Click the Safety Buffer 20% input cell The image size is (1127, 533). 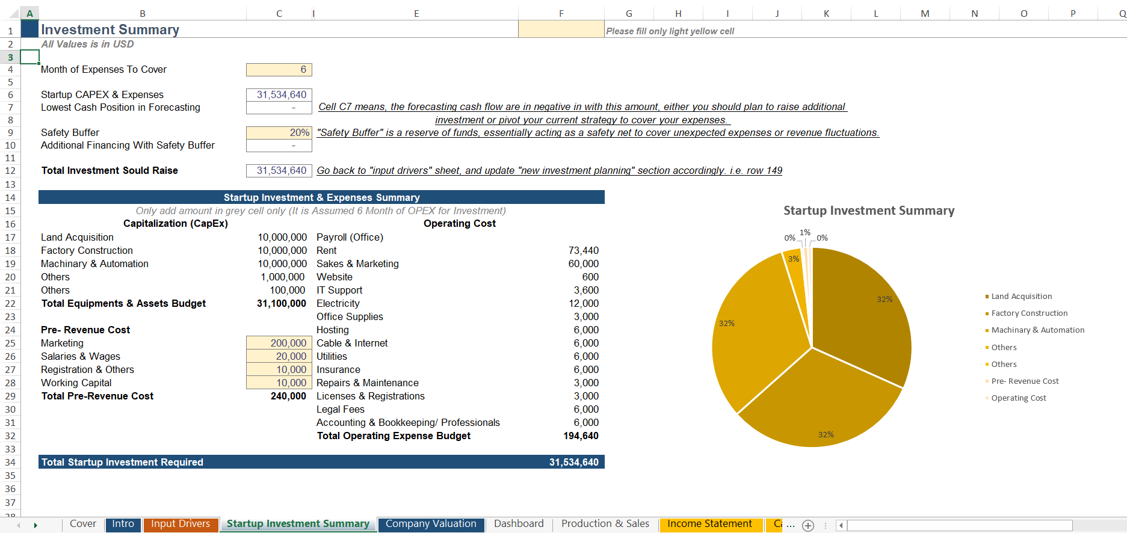[279, 132]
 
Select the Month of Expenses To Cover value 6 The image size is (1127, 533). [279, 70]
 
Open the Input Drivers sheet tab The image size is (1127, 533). [181, 524]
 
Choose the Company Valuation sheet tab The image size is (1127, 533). [431, 524]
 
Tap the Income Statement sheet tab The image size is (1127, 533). [709, 524]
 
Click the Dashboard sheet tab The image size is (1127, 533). [519, 524]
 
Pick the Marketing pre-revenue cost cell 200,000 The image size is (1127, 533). [279, 343]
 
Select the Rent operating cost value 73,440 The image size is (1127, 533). [583, 250]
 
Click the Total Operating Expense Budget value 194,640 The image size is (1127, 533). [581, 436]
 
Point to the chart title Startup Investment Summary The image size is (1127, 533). [868, 211]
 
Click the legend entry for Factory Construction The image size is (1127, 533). [1029, 313]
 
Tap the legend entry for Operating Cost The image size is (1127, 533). [1018, 398]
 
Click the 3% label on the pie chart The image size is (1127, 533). [794, 259]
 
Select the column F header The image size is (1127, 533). [561, 13]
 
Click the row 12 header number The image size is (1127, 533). [10, 171]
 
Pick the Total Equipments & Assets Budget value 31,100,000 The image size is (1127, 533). [282, 303]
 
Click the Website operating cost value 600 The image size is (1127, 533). [590, 277]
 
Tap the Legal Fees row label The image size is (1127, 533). [341, 409]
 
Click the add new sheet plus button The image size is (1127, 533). [808, 525]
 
